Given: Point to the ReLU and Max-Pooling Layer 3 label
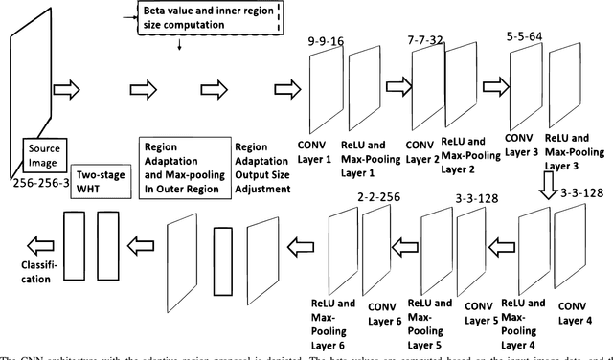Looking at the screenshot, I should point(577,151).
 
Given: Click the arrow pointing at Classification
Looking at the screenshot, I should point(34,242).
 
